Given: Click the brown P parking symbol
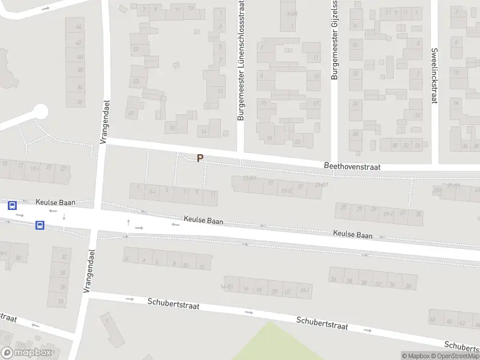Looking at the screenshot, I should [200, 158].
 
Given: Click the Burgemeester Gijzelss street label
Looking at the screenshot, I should [334, 40].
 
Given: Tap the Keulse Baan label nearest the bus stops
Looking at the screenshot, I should [55, 203].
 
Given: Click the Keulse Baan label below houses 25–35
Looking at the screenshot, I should [353, 235].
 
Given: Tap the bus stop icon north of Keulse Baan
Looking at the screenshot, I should [12, 205].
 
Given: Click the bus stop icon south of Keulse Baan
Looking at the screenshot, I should [40, 226].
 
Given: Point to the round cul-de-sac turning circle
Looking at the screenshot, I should [40, 112].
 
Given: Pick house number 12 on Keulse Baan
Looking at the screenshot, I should [203, 266].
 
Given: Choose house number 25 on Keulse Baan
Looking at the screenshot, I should [344, 208].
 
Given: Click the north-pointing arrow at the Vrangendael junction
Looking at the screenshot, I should [128, 223].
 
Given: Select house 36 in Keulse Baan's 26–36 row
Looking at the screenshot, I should [409, 285].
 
